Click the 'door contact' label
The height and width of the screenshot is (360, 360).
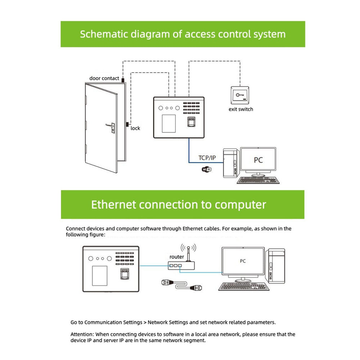104,78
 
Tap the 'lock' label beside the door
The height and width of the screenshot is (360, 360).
135,128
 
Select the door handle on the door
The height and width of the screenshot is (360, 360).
110,126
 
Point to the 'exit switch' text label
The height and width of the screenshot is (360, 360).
241,109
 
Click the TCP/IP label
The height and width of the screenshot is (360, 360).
207,158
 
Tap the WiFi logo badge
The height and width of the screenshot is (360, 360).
207,169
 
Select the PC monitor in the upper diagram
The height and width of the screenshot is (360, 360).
258,160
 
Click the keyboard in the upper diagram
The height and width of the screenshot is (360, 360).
258,180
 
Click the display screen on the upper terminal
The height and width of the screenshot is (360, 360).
168,123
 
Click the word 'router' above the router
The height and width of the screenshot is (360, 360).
177,257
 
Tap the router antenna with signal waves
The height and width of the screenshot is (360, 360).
188,250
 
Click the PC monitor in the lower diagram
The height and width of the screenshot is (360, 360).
243,262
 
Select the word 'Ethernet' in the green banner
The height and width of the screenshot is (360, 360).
113,204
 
